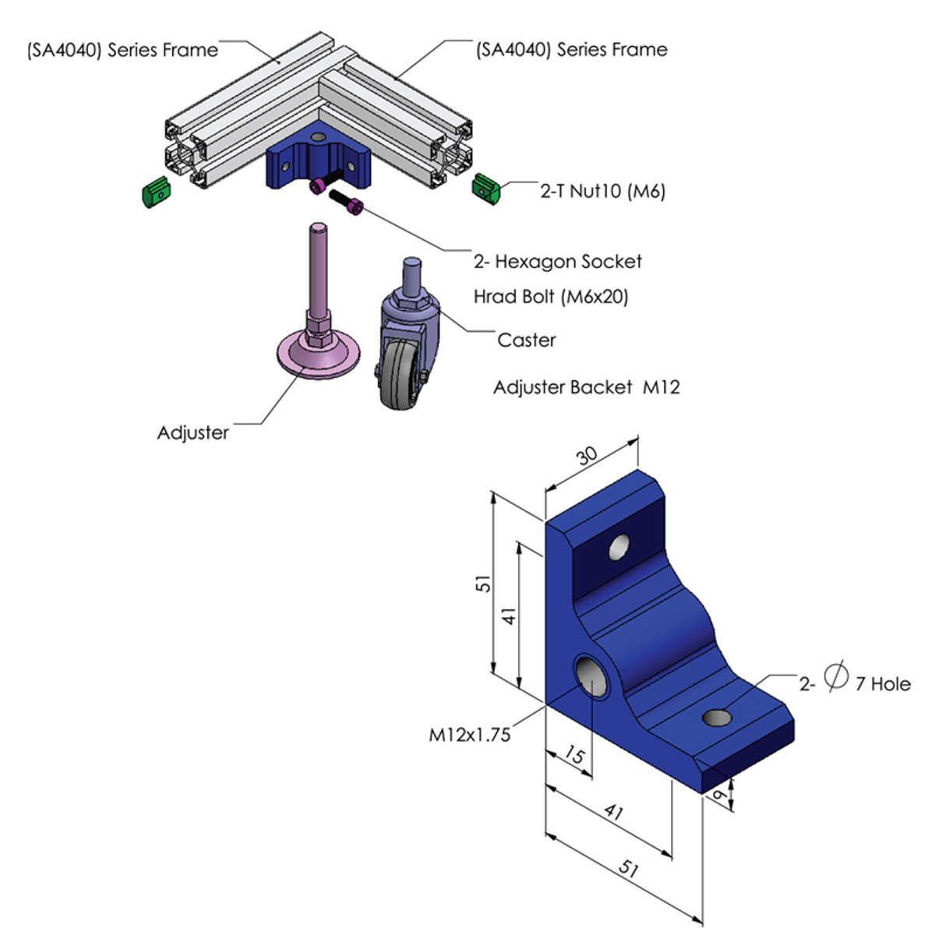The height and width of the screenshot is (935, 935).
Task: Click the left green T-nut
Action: tap(157, 192)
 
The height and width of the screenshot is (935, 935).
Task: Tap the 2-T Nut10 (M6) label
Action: tap(602, 191)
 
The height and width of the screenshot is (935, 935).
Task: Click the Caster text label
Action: tap(527, 340)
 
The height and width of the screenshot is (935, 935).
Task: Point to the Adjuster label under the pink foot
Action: tap(192, 433)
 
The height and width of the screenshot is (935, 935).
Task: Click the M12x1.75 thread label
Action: tap(470, 734)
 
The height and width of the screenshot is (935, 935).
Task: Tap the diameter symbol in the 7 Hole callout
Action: tap(834, 675)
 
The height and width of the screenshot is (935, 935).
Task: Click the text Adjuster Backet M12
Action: tap(586, 387)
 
